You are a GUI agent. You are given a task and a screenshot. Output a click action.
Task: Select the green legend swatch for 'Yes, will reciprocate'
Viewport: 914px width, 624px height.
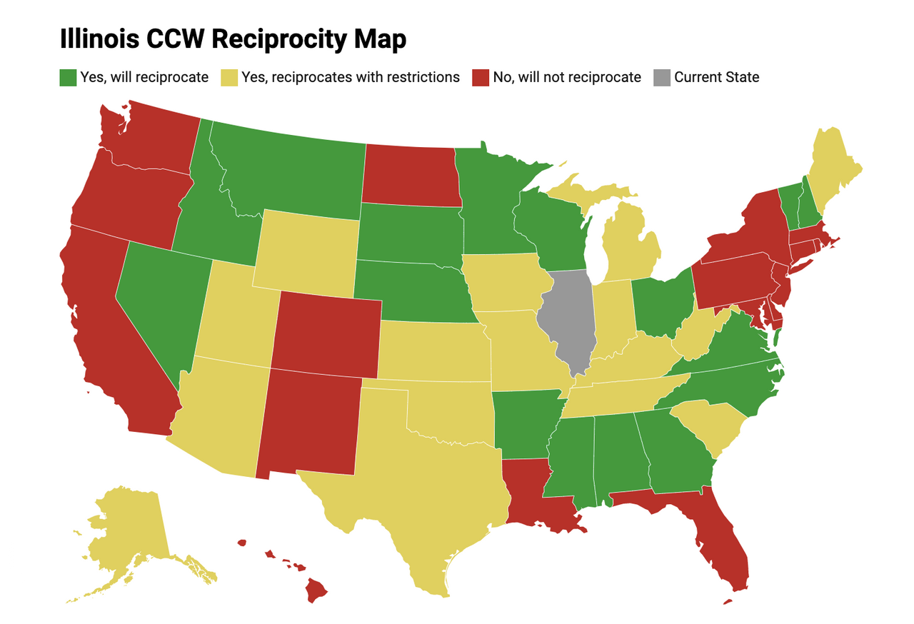click(68, 77)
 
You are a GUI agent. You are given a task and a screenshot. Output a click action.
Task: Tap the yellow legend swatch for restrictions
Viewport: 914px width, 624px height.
click(230, 77)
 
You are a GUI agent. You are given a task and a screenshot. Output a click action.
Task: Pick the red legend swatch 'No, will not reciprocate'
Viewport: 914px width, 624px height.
click(481, 77)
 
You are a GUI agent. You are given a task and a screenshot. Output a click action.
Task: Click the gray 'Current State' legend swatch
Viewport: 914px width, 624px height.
click(662, 77)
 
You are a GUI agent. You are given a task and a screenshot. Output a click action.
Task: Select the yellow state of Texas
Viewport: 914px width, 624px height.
click(414, 485)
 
